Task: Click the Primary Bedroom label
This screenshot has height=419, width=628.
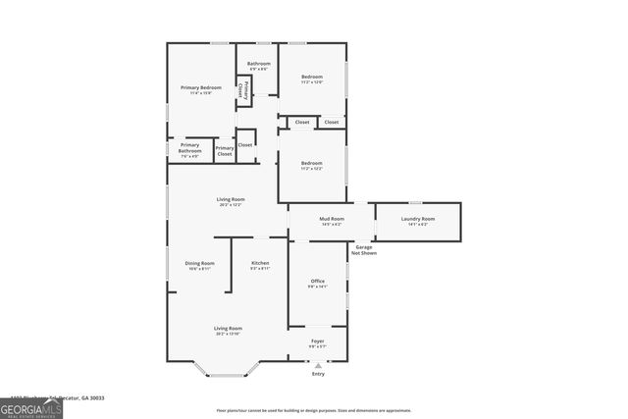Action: click(x=200, y=87)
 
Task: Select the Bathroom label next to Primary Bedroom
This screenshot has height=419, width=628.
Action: click(x=258, y=64)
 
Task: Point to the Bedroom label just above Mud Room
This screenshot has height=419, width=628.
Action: click(x=311, y=162)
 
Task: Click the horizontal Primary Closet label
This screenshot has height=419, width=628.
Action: click(x=225, y=150)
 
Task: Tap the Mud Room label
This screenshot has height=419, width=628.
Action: click(x=331, y=219)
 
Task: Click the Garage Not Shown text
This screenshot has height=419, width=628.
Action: click(x=364, y=250)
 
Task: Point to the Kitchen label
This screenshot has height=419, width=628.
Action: click(x=260, y=263)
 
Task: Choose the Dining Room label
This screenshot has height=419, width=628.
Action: click(x=199, y=263)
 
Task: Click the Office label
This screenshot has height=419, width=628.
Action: click(x=318, y=282)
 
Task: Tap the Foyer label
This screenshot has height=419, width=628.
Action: click(x=317, y=340)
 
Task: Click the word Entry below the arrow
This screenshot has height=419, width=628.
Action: click(x=318, y=374)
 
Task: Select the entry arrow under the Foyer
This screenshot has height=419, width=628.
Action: click(x=318, y=364)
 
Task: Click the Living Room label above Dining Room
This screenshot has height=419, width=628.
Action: click(x=231, y=199)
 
